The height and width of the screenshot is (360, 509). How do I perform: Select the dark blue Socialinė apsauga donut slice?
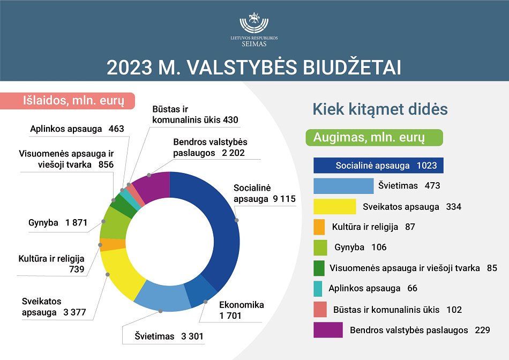coord(224,234)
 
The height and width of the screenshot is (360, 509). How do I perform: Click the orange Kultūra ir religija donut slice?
coord(113,244)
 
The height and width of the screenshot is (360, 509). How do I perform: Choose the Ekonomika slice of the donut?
coord(202,290)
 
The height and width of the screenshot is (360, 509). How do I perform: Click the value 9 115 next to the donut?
coord(284,199)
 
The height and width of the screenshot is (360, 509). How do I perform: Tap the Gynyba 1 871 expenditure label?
coord(58,223)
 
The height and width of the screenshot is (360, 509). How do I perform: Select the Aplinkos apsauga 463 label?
coord(77,129)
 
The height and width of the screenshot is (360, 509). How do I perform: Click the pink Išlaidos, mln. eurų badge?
coord(68,101)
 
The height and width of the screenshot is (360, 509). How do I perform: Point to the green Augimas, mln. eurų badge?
coord(375,138)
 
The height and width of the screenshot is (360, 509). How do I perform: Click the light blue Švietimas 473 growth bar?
coord(343,186)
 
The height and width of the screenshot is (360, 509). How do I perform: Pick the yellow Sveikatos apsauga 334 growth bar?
coord(335,206)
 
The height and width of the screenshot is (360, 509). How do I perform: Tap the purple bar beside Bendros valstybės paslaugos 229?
coord(328,330)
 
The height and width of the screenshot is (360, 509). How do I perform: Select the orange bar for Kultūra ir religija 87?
coord(319,227)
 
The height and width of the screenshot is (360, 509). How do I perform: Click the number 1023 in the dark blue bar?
coord(427,166)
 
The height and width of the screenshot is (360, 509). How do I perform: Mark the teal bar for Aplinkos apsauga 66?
coord(318,289)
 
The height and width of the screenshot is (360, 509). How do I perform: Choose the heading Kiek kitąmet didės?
coord(380,109)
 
